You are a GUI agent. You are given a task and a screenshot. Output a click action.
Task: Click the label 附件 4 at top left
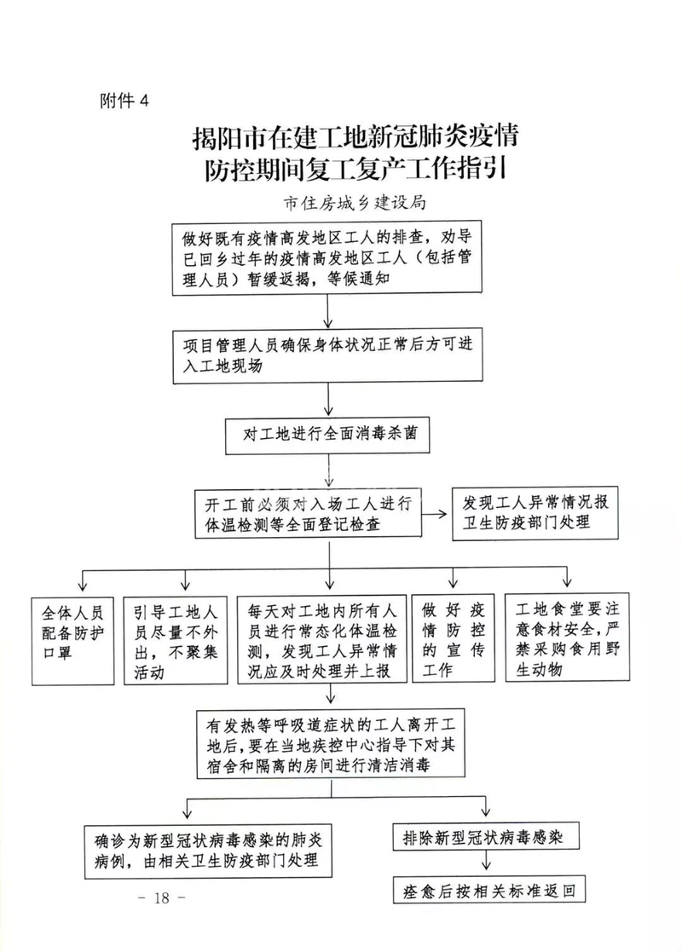[124, 101]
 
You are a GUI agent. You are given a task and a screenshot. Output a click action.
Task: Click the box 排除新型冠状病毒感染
[486, 837]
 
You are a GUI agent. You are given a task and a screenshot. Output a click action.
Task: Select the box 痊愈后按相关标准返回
[490, 891]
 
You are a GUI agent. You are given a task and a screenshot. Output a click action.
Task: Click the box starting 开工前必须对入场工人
[308, 513]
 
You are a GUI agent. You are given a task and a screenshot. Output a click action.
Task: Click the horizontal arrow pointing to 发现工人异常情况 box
[437, 513]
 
